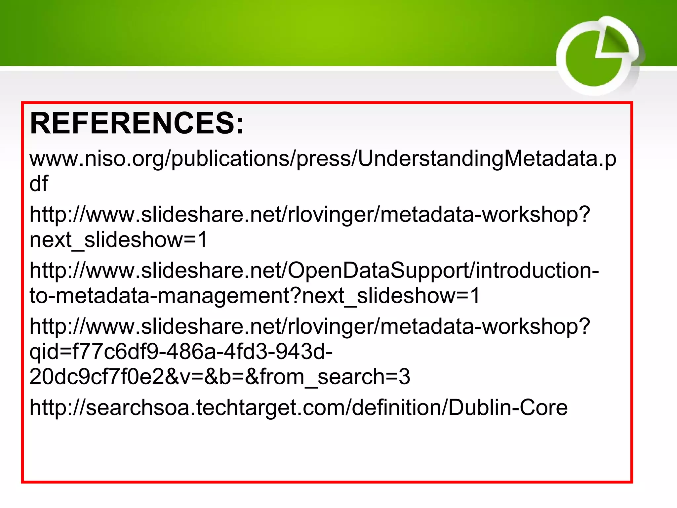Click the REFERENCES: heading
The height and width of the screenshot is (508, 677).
point(137,123)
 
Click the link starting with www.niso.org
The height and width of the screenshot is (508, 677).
point(323,159)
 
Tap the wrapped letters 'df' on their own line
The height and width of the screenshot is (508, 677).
point(39,184)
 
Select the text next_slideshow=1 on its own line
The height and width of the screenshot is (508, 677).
point(118,239)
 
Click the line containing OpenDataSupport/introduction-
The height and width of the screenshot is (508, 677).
point(314,271)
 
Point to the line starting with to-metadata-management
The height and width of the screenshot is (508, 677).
point(255,295)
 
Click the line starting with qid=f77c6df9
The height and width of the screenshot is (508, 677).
point(181,351)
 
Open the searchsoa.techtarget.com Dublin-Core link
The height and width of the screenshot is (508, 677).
point(299,407)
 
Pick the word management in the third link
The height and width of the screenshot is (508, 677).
point(228,295)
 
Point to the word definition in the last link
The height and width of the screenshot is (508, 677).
point(397,407)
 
